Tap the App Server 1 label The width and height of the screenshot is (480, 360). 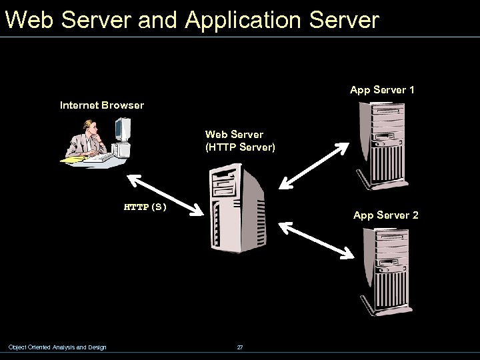click(382, 89)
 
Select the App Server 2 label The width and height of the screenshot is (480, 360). click(385, 215)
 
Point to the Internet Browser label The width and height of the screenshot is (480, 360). click(101, 105)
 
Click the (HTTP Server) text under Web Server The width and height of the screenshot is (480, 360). click(239, 147)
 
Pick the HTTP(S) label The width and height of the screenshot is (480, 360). click(145, 207)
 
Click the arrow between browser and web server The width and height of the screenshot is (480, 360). click(165, 195)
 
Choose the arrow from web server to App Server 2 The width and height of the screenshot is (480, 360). click(315, 239)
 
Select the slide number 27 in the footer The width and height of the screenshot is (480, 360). click(240, 347)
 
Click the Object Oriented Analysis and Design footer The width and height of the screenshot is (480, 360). click(57, 347)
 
